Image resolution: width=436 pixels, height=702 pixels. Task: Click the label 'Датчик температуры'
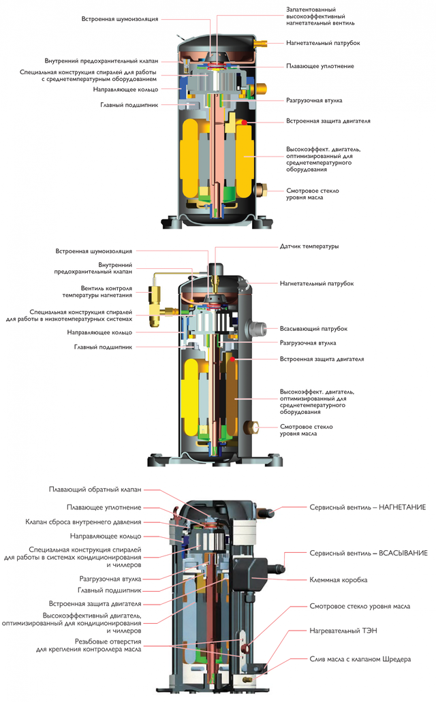click(309, 246)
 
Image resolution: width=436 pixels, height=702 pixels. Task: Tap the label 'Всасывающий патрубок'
click(313, 329)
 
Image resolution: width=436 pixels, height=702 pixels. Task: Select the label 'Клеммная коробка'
click(339, 579)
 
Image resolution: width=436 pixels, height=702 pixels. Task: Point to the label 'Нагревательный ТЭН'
click(343, 631)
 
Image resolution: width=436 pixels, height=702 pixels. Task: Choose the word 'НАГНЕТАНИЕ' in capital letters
click(403, 507)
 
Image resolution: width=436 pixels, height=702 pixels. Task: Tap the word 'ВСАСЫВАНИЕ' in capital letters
click(403, 553)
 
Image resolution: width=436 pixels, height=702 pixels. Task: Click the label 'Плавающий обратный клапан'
click(95, 490)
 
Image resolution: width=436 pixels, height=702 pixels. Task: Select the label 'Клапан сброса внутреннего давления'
click(83, 522)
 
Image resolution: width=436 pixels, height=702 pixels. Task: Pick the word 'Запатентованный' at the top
click(311, 10)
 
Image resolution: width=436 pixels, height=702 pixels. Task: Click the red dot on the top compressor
click(244, 122)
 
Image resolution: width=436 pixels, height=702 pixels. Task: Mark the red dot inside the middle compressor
click(232, 359)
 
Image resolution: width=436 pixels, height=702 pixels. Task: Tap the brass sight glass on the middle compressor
click(253, 427)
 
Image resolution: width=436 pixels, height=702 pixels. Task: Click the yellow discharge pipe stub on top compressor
click(260, 44)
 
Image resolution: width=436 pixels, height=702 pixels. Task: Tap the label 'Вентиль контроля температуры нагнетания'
click(97, 292)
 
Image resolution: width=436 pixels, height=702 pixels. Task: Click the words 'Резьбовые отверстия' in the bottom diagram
click(108, 641)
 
